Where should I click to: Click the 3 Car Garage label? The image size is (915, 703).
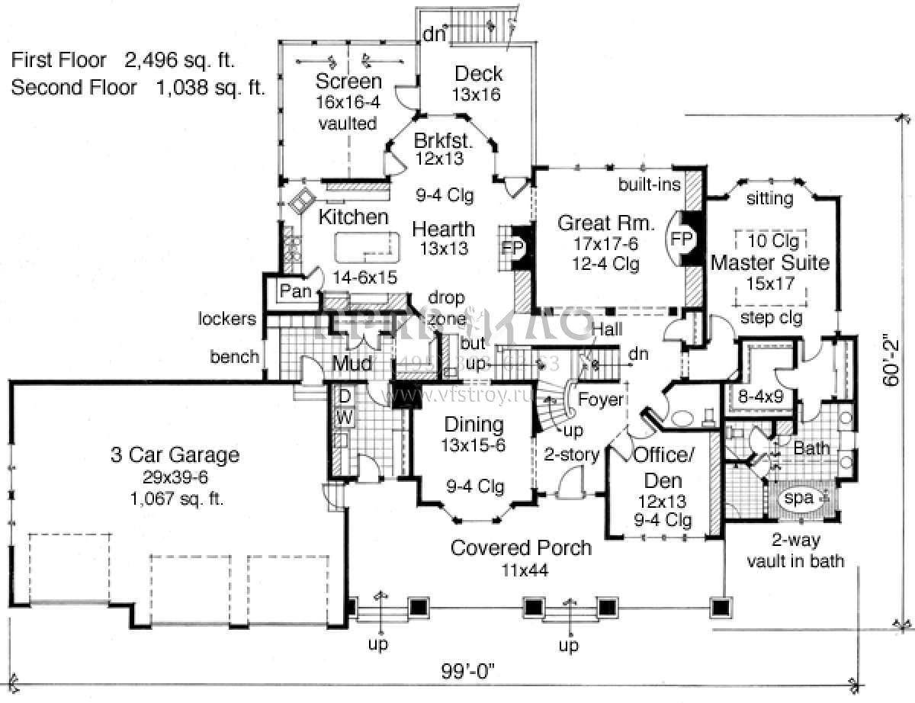point(175,456)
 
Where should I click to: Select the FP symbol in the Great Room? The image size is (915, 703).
point(682,239)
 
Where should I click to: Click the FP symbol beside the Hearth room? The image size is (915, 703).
point(512,248)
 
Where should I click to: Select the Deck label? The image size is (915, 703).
point(478,74)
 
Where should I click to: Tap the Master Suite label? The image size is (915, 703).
point(769,263)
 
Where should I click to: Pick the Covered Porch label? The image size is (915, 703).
point(521,547)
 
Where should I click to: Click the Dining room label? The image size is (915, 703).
point(474,425)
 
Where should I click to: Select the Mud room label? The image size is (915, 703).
point(352,365)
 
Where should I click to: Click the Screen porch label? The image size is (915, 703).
point(348,82)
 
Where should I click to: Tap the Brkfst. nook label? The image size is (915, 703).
point(445,141)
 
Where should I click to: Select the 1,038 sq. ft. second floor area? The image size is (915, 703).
point(210,88)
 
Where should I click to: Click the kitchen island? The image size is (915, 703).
point(367,247)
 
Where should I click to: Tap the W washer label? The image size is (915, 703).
point(344,417)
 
